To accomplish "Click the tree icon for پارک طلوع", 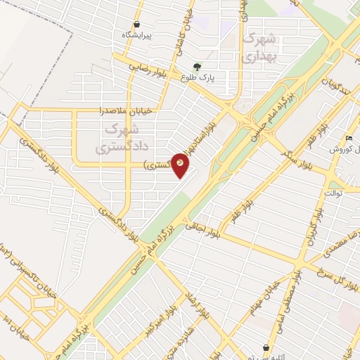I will click(x=206, y=68).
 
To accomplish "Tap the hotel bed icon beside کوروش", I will click(x=349, y=138).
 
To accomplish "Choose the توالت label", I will click(x=333, y=192).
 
